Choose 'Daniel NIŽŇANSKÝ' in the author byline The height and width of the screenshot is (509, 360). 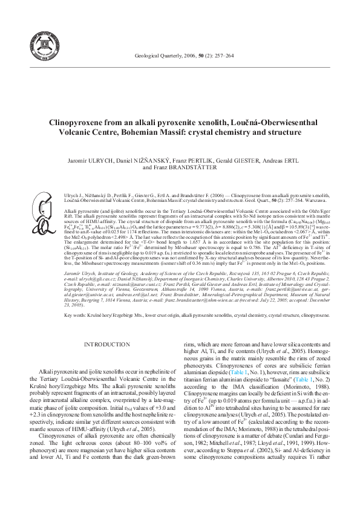click(144, 161)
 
